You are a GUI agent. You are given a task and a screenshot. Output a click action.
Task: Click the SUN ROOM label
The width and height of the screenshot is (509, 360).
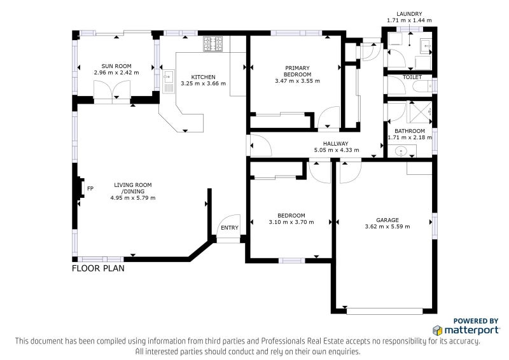tap(116, 66)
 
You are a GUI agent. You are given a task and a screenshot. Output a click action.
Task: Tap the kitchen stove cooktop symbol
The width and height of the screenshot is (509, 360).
tap(213, 44)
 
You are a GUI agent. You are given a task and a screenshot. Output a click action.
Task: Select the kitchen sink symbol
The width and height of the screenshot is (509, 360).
tap(169, 81)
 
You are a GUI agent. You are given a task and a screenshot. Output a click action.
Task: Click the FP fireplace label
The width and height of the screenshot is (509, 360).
tap(90, 188)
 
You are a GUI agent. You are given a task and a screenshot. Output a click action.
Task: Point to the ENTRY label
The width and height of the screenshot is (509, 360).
tap(230, 228)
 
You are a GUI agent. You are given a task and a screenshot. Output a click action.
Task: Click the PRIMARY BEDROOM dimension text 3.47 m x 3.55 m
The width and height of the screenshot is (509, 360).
tap(297, 81)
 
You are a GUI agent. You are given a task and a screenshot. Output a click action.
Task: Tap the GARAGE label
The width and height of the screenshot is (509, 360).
tap(387, 220)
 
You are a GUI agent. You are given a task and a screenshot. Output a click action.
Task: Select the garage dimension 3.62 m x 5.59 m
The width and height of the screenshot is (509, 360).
tap(387, 226)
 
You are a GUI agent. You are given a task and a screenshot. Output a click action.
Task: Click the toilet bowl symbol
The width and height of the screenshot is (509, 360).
tap(422, 86)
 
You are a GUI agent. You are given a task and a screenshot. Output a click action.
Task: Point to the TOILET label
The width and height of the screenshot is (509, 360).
tap(412, 77)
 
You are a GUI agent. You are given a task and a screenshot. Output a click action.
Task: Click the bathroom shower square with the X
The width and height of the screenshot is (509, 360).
tap(421, 113)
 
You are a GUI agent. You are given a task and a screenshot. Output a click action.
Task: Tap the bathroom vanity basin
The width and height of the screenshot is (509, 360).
tap(402, 151)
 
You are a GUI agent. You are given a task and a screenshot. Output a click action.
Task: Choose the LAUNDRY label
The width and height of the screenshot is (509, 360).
tap(409, 14)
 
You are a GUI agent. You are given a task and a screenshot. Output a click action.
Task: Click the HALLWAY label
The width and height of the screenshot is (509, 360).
tap(336, 144)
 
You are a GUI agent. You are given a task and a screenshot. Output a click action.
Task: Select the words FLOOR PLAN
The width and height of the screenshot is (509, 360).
tap(98, 268)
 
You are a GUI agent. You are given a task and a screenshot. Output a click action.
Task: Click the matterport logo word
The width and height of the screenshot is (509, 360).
tap(471, 331)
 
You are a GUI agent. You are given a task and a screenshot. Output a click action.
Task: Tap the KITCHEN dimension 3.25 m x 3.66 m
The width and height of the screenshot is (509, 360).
tap(203, 83)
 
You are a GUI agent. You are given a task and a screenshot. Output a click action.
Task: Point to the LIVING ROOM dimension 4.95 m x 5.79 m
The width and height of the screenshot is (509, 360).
tap(133, 198)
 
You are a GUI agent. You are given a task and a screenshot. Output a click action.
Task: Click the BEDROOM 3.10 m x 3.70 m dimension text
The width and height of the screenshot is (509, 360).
tap(291, 223)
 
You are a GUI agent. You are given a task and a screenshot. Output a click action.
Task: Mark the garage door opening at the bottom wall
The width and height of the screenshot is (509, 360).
tap(385, 311)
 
